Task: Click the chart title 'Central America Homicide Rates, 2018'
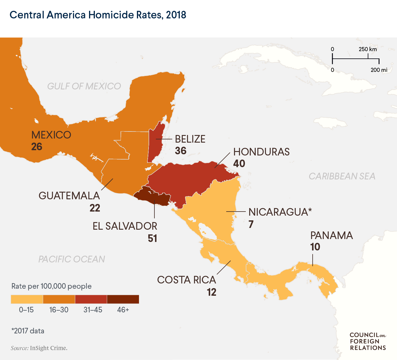coord(98,15)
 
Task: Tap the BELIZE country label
coord(190,139)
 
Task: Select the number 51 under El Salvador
coord(152,238)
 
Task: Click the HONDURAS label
coord(261,152)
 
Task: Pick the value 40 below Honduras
coord(239,164)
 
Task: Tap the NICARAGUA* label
coord(280,212)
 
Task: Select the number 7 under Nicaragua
coord(251,224)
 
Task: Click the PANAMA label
coord(331,236)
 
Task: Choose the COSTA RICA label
coord(187,280)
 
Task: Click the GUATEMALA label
coord(69,196)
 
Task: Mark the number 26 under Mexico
coord(37,147)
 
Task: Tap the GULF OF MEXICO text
coord(84,86)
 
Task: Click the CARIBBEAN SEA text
coord(342,176)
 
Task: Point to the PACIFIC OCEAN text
coord(72,259)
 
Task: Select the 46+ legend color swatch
coord(123,300)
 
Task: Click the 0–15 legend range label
coord(26,310)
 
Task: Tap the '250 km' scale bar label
coord(368,49)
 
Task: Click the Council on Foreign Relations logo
coord(368,341)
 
